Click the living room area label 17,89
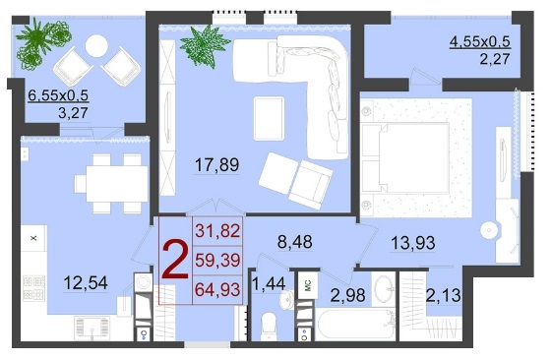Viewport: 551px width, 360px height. [x=216, y=164]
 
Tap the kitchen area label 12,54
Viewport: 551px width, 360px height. [x=86, y=283]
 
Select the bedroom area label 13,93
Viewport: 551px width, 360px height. [x=413, y=243]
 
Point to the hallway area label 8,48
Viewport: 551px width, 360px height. [x=294, y=242]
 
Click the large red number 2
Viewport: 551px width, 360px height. [x=175, y=260]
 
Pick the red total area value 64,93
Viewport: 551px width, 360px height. [x=217, y=289]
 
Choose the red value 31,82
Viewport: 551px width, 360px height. [x=217, y=231]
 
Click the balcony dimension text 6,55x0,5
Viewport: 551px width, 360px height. [x=58, y=95]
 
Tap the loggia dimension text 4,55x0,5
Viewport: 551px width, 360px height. [x=480, y=41]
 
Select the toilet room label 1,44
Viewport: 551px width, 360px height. [x=269, y=283]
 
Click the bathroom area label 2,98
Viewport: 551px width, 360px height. [x=347, y=295]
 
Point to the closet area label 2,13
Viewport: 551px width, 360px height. [x=443, y=295]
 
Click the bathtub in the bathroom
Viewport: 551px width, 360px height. [x=355, y=325]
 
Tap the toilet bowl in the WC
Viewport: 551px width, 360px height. [x=270, y=327]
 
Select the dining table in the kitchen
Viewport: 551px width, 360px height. [x=117, y=184]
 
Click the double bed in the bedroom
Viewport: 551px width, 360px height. [x=405, y=157]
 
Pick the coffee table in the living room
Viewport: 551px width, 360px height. [x=269, y=118]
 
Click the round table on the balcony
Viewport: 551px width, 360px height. [x=96, y=46]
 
